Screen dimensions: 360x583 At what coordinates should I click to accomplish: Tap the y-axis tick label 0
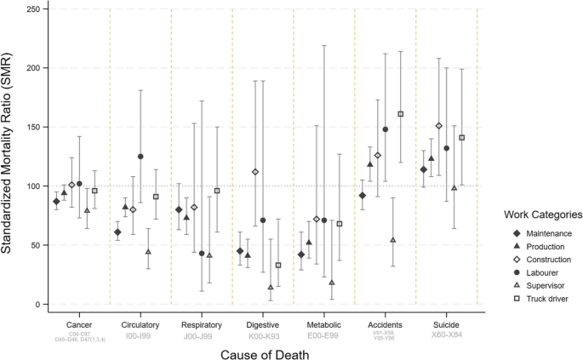pos(35,304)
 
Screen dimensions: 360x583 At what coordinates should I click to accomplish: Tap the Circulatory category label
pos(140,324)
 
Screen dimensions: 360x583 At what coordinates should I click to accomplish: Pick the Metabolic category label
pos(323,324)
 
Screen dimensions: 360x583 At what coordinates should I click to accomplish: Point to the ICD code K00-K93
pos(262,334)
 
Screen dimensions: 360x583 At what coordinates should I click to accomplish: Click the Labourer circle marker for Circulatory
pos(140,157)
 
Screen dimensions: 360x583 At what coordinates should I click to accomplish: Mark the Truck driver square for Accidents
pos(401,114)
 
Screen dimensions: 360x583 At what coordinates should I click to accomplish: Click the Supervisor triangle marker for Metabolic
pos(332,283)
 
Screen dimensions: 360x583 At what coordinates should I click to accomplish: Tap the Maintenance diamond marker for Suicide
pos(423,169)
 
